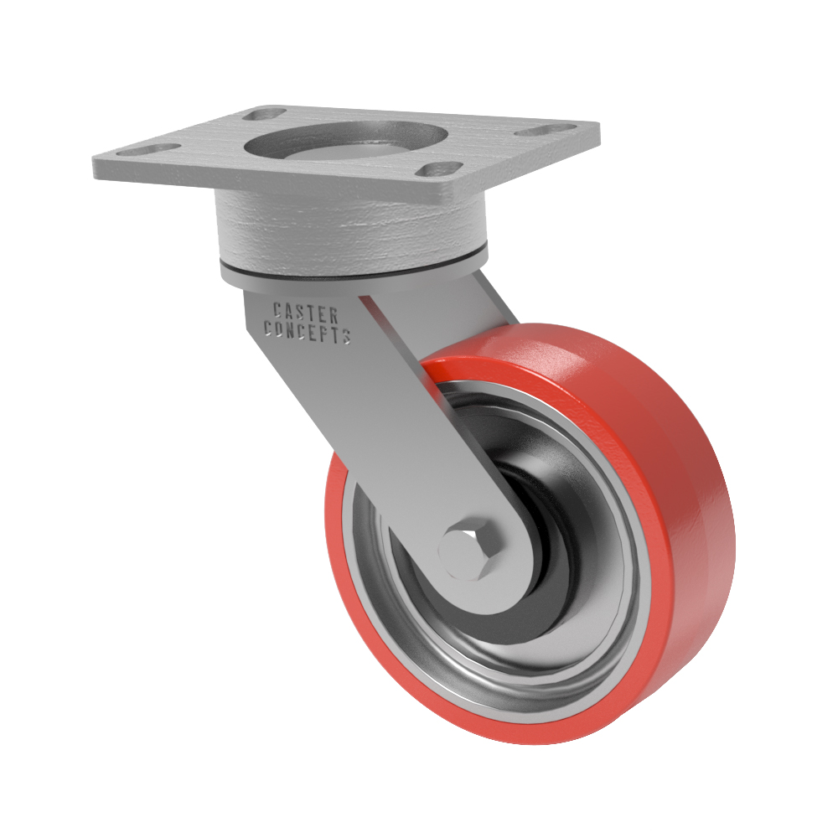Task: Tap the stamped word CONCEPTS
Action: point(308,331)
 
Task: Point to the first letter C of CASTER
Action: point(278,309)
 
